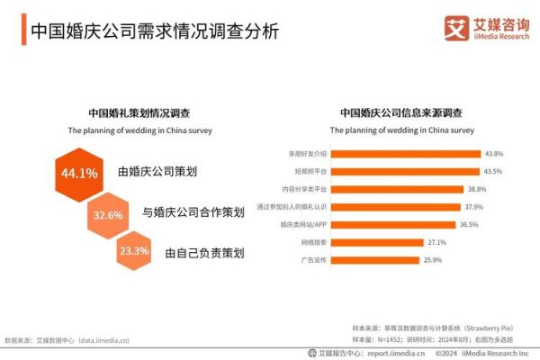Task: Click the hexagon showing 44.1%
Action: coord(78,174)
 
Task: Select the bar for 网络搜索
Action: coord(378,242)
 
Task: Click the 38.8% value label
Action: coord(476,189)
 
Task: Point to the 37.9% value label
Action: coord(473,207)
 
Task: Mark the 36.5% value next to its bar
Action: coord(469,225)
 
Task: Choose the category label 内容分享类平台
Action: coord(303,189)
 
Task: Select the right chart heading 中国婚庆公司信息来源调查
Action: coord(400,113)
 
